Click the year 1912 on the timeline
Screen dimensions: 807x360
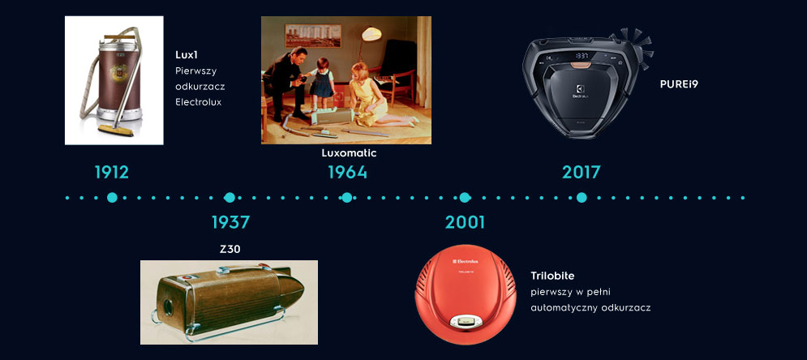click(x=112, y=172)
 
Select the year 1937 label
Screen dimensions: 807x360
click(x=230, y=222)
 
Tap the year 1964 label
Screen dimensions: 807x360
click(x=348, y=172)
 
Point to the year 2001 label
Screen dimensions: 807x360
click(x=465, y=222)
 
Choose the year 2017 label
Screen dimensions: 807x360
click(x=581, y=172)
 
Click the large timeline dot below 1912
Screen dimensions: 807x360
click(x=112, y=198)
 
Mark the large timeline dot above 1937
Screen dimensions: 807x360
click(x=230, y=198)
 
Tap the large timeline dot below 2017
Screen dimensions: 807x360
click(x=582, y=198)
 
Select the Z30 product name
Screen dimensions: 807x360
click(x=230, y=250)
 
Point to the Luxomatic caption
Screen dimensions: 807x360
click(x=349, y=152)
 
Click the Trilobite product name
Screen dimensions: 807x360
click(x=552, y=276)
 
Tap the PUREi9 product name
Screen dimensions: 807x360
click(x=679, y=84)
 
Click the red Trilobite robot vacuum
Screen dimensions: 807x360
click(x=466, y=294)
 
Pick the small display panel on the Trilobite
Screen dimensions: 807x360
click(x=465, y=321)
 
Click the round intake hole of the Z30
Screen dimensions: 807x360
click(x=169, y=307)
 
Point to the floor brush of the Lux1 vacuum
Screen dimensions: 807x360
click(x=116, y=130)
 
